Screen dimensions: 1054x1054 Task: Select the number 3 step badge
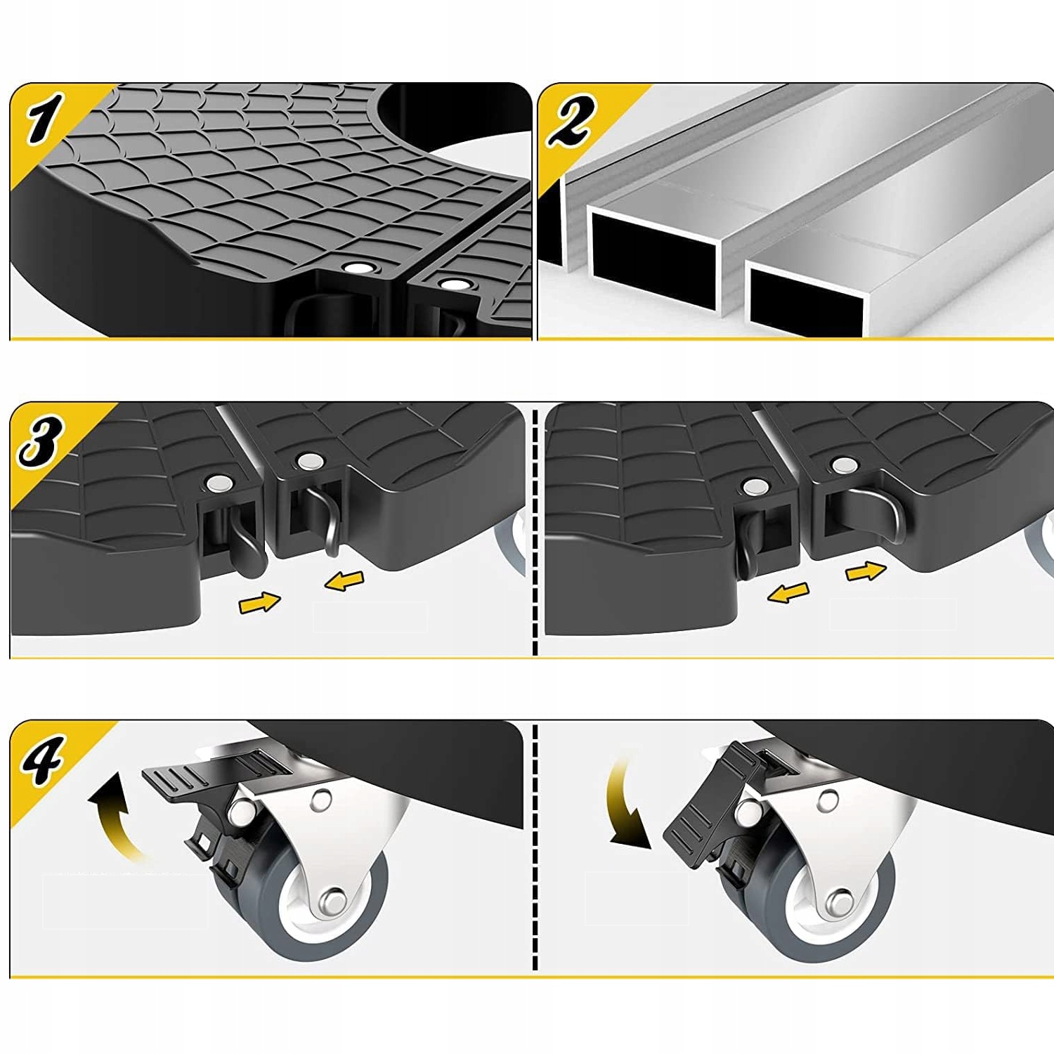41,440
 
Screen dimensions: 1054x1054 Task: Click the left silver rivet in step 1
359,268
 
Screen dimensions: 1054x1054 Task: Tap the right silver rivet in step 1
457,284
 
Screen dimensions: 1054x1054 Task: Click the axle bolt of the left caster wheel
332,902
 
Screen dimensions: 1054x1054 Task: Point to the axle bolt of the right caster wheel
839,902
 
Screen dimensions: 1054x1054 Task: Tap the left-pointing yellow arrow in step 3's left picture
344,580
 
